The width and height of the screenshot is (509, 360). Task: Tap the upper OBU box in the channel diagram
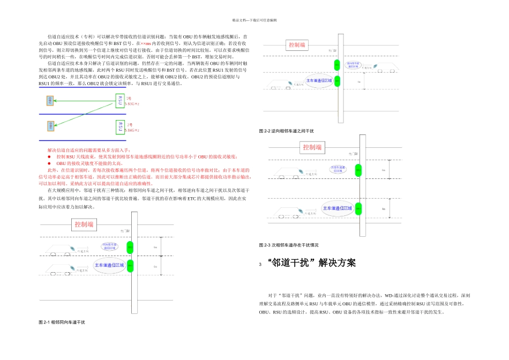[50, 100]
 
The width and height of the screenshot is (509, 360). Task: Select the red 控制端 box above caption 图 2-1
[84, 224]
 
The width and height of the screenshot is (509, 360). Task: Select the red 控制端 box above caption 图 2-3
[312, 147]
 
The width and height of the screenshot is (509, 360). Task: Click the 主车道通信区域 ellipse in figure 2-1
[109, 265]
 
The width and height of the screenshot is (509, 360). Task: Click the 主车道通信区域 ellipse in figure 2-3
[337, 207]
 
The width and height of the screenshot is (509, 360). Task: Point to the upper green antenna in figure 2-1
[129, 247]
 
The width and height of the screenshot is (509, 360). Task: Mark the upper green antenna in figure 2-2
[337, 65]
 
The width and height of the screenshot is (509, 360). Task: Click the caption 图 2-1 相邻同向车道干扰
[62, 322]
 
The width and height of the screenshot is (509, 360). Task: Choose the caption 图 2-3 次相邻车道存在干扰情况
[289, 245]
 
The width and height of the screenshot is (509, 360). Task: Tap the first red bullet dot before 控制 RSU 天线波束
[50, 156]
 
